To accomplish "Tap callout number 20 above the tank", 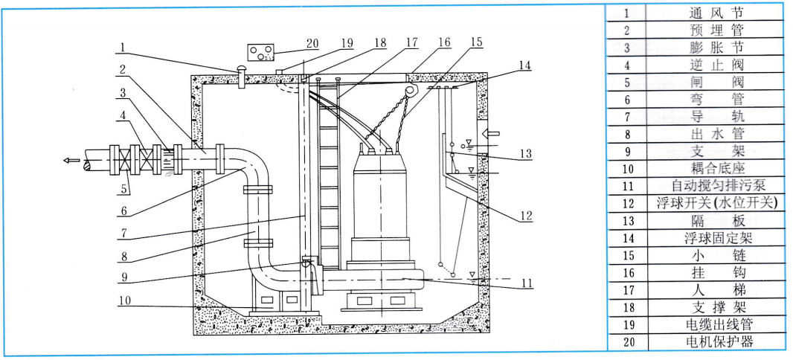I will click(x=312, y=42).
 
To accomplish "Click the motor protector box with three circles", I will click(x=260, y=54).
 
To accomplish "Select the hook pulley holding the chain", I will click(x=407, y=90).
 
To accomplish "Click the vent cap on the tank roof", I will click(x=240, y=71).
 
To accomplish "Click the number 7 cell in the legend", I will click(x=627, y=116).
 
